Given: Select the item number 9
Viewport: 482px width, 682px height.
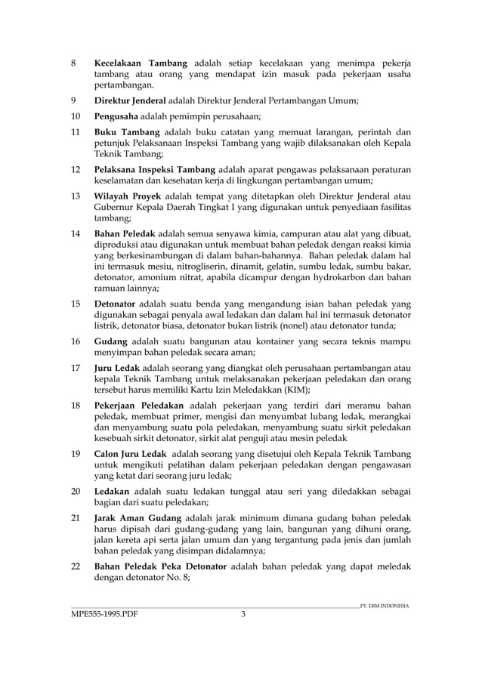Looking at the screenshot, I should tap(73, 100).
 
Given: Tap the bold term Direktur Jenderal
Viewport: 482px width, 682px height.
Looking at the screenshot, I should tap(130, 100).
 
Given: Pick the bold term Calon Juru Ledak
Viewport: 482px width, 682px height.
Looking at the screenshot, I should tap(131, 453).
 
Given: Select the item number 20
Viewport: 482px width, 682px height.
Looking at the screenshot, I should tap(75, 491).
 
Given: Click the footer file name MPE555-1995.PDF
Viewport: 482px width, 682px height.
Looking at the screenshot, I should tap(105, 614).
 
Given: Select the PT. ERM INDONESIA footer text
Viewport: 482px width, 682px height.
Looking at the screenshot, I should tap(385, 605).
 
